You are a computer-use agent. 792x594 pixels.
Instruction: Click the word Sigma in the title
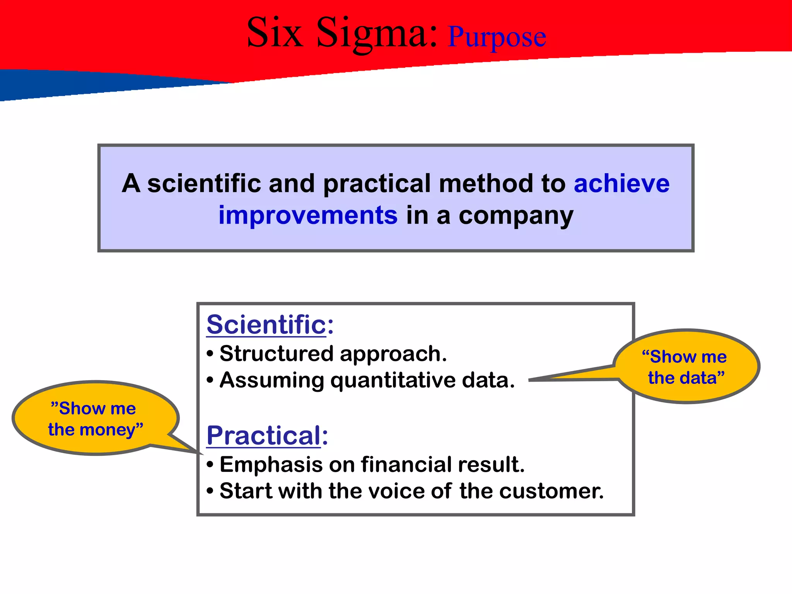click(377, 34)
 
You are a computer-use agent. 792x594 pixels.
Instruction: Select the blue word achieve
click(621, 184)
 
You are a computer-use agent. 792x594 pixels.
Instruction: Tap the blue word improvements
click(308, 215)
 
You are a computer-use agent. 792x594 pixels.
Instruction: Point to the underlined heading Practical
click(263, 435)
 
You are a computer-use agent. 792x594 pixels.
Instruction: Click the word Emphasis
click(271, 464)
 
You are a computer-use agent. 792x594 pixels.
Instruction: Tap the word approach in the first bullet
click(393, 354)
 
